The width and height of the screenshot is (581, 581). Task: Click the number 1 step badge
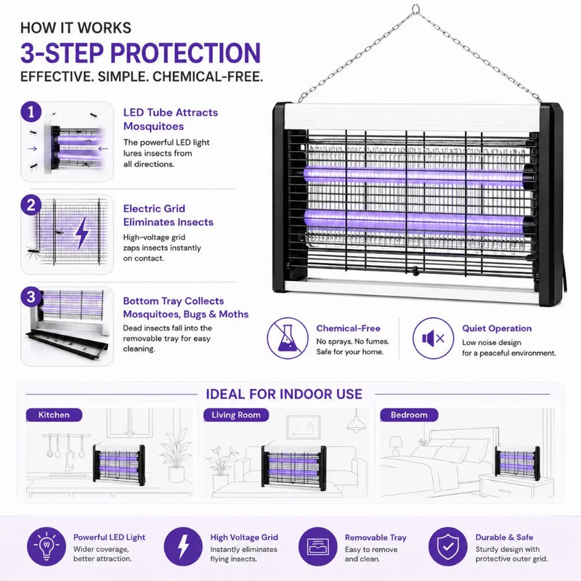(x=31, y=112)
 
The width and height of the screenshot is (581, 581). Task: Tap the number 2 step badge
(x=31, y=205)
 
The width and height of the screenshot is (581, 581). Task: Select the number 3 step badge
(x=31, y=297)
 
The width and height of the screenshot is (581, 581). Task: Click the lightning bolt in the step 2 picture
(x=82, y=232)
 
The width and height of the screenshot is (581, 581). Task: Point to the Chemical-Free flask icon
(x=288, y=338)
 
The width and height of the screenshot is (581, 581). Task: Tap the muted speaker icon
(x=433, y=338)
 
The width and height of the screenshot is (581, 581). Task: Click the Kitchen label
(x=54, y=415)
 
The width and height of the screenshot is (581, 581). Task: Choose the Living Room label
(x=236, y=415)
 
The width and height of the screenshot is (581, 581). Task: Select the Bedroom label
(x=409, y=415)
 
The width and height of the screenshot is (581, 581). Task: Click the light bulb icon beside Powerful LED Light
(x=46, y=546)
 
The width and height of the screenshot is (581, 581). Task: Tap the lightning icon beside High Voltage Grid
(x=183, y=546)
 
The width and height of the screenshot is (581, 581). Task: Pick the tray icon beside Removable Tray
(x=318, y=546)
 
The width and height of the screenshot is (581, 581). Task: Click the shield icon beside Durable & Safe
(x=448, y=546)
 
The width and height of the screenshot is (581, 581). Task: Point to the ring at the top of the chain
(x=415, y=9)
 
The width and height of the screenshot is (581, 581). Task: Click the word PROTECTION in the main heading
(x=186, y=52)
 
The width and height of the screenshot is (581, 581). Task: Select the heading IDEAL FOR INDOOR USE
(x=284, y=394)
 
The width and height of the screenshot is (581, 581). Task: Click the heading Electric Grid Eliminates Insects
(x=168, y=215)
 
